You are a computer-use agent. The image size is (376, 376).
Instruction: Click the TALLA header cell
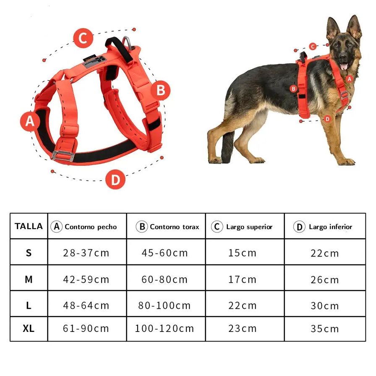point(29,226)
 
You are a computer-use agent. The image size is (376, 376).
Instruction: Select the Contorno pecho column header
point(91,227)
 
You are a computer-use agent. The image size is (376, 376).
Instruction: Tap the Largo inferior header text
point(330,227)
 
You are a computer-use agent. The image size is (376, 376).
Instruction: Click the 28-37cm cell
point(86,253)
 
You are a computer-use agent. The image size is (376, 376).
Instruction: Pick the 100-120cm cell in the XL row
point(164,328)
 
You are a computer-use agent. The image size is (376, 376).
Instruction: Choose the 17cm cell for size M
point(242,279)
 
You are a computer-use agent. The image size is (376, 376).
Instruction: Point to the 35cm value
point(325,329)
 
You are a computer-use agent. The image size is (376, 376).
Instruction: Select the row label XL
point(29,329)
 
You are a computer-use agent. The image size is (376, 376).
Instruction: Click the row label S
point(29,253)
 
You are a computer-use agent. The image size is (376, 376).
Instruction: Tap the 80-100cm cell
point(164,305)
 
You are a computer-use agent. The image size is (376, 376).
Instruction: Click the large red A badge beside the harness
point(30,121)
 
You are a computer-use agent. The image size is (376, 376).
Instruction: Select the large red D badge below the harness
point(115,179)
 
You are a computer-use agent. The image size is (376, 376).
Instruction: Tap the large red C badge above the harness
point(83,38)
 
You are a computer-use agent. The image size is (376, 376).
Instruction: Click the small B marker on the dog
point(293,89)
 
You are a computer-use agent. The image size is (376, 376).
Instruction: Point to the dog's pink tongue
point(344,66)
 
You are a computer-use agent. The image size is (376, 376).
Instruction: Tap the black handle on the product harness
point(119,50)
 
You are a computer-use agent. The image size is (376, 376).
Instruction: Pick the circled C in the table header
point(217,227)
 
